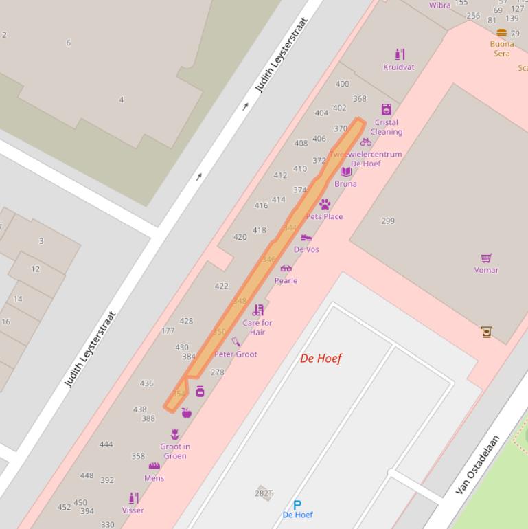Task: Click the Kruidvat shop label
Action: click(398, 67)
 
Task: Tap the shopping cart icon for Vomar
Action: click(486, 258)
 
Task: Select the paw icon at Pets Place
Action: click(325, 204)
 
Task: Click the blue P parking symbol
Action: click(297, 505)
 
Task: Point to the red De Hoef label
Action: click(321, 358)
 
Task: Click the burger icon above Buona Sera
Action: click(501, 33)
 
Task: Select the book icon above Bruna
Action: click(345, 172)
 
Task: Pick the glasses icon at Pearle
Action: click(286, 269)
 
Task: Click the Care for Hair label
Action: click(257, 327)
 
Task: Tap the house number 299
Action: click(388, 221)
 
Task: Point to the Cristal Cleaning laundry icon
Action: click(386, 110)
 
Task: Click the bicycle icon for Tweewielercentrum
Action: click(365, 142)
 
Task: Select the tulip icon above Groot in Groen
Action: click(174, 434)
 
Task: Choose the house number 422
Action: click(221, 286)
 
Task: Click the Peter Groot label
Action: click(236, 354)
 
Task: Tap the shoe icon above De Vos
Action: click(306, 238)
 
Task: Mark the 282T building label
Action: click(264, 493)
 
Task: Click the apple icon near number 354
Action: click(185, 412)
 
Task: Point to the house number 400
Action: click(342, 84)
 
